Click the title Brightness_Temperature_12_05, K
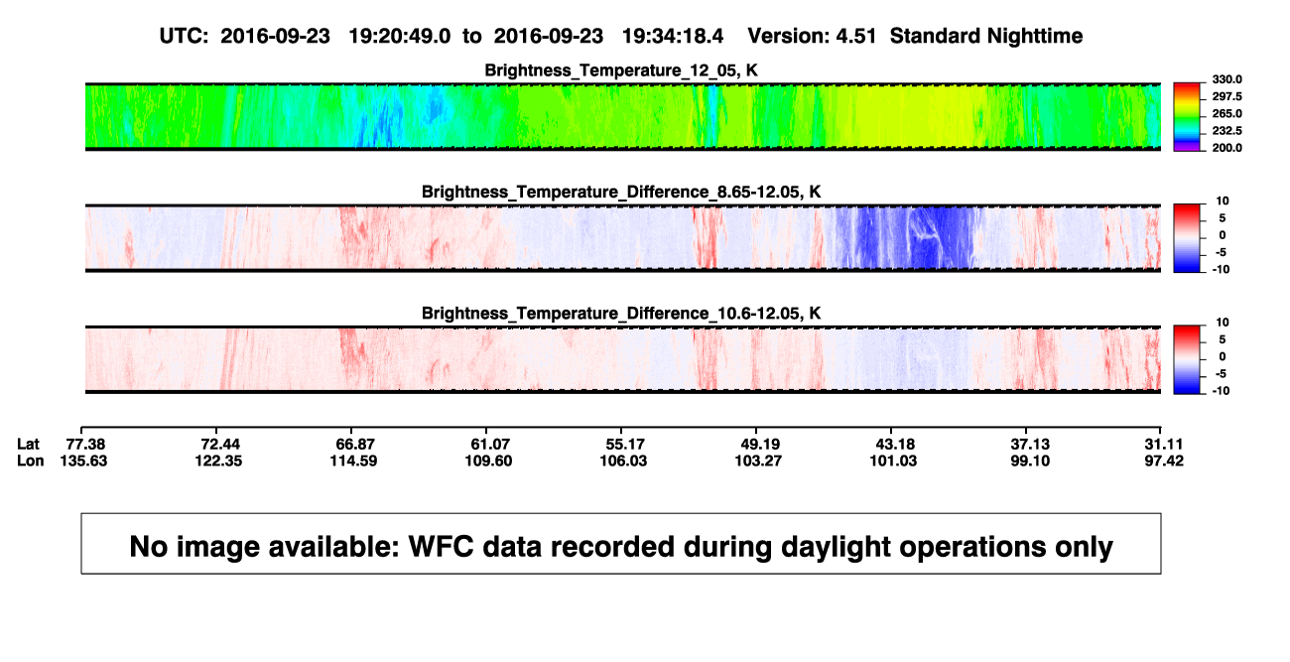click(x=621, y=70)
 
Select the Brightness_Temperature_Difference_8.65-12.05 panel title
click(x=621, y=192)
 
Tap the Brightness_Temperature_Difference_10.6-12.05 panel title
click(x=621, y=314)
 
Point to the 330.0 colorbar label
click(x=1226, y=79)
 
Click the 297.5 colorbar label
click(x=1226, y=97)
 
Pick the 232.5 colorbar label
click(x=1226, y=131)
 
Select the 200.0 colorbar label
click(x=1226, y=148)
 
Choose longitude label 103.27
click(x=758, y=461)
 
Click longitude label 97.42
click(x=1164, y=461)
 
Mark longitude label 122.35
click(x=218, y=461)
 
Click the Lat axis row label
click(x=28, y=445)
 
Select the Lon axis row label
click(x=31, y=461)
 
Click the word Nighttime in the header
click(x=1035, y=37)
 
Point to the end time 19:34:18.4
click(x=673, y=37)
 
